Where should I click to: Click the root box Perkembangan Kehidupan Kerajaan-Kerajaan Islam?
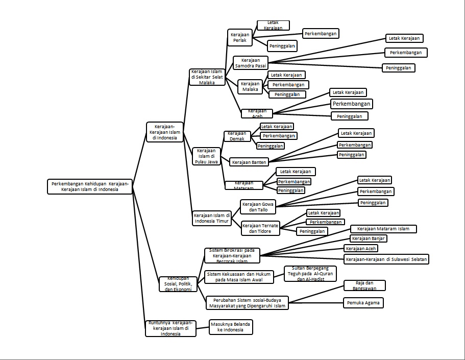point(89,186)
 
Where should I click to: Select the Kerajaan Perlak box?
point(240,37)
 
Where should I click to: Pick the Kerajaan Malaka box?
point(250,86)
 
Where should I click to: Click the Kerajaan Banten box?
point(249,162)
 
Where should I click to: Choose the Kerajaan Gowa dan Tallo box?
point(258,207)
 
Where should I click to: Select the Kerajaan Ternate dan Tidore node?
point(260,228)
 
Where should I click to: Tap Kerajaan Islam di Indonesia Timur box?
point(211,219)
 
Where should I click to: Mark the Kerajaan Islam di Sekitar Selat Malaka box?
point(207,77)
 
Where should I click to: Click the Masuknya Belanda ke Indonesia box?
point(231,327)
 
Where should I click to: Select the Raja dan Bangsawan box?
point(364,285)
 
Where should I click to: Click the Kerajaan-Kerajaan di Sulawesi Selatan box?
point(386,259)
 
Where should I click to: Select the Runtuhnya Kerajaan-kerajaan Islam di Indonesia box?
point(170,328)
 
